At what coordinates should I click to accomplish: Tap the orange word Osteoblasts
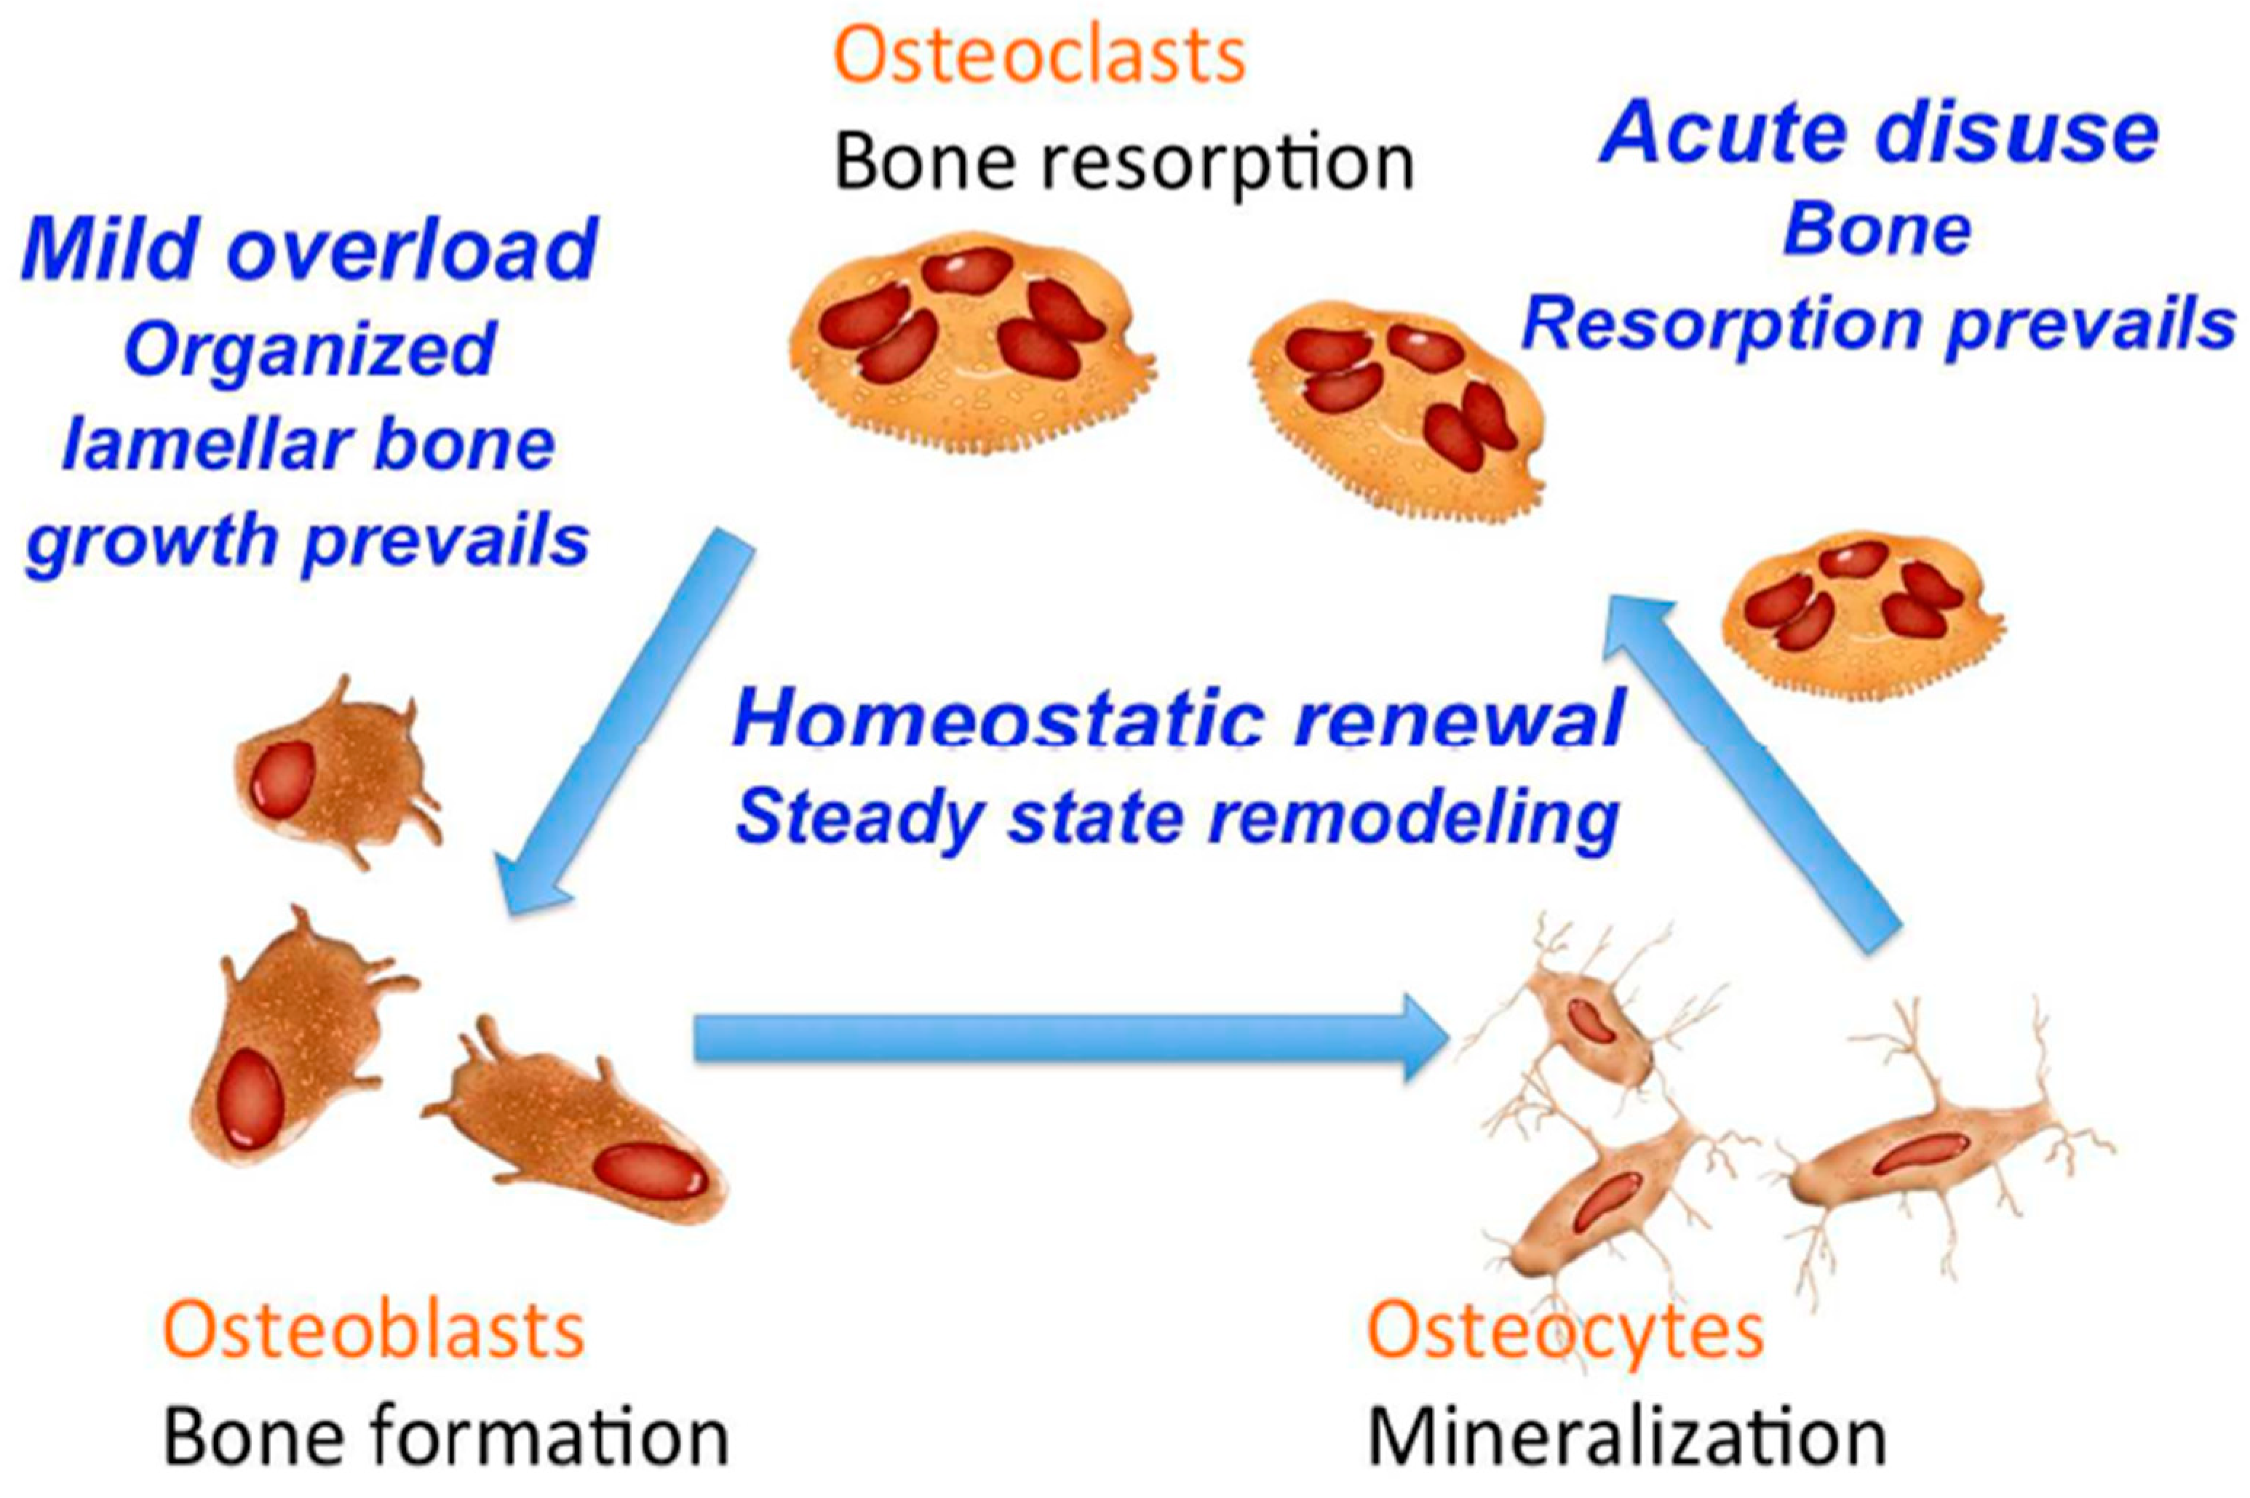(x=373, y=1331)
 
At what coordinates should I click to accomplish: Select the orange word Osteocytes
(x=1565, y=1331)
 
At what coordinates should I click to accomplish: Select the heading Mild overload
(x=309, y=248)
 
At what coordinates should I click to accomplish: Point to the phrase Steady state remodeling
(x=1177, y=818)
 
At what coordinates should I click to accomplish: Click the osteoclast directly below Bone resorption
(x=970, y=339)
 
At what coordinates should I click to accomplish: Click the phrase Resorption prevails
(x=1877, y=324)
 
